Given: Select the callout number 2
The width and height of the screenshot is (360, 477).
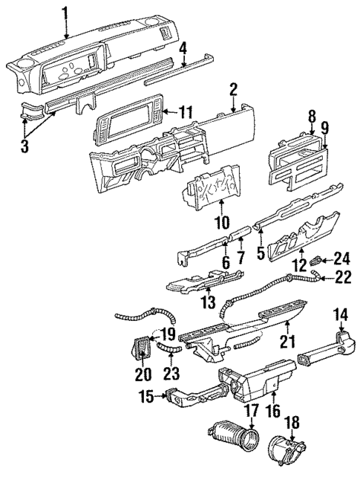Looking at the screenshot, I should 233,91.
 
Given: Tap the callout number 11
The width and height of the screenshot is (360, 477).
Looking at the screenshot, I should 186,112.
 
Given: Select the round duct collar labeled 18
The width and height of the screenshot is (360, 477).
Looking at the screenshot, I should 286,454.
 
